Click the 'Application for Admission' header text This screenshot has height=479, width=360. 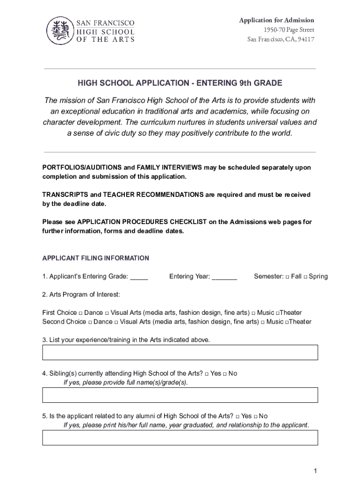pyautogui.click(x=276, y=20)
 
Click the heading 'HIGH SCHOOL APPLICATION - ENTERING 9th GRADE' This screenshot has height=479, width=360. pyautogui.click(x=180, y=83)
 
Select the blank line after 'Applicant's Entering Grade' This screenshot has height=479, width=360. pyautogui.click(x=139, y=277)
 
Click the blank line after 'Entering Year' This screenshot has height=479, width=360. pyautogui.click(x=224, y=277)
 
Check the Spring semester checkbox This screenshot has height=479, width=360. pyautogui.click(x=305, y=276)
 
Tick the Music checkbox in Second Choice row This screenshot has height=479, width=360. pyautogui.click(x=263, y=322)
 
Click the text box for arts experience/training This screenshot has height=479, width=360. pyautogui.click(x=180, y=352)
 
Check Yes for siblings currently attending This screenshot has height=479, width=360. pyautogui.click(x=206, y=374)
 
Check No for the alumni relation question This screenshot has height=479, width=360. pyautogui.click(x=255, y=416)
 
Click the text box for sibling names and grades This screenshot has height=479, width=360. pyautogui.click(x=180, y=395)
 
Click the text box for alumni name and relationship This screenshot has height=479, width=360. pyautogui.click(x=180, y=437)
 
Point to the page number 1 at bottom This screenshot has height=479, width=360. pyautogui.click(x=316, y=470)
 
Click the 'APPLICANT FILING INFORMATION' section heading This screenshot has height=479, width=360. pyautogui.click(x=96, y=258)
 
